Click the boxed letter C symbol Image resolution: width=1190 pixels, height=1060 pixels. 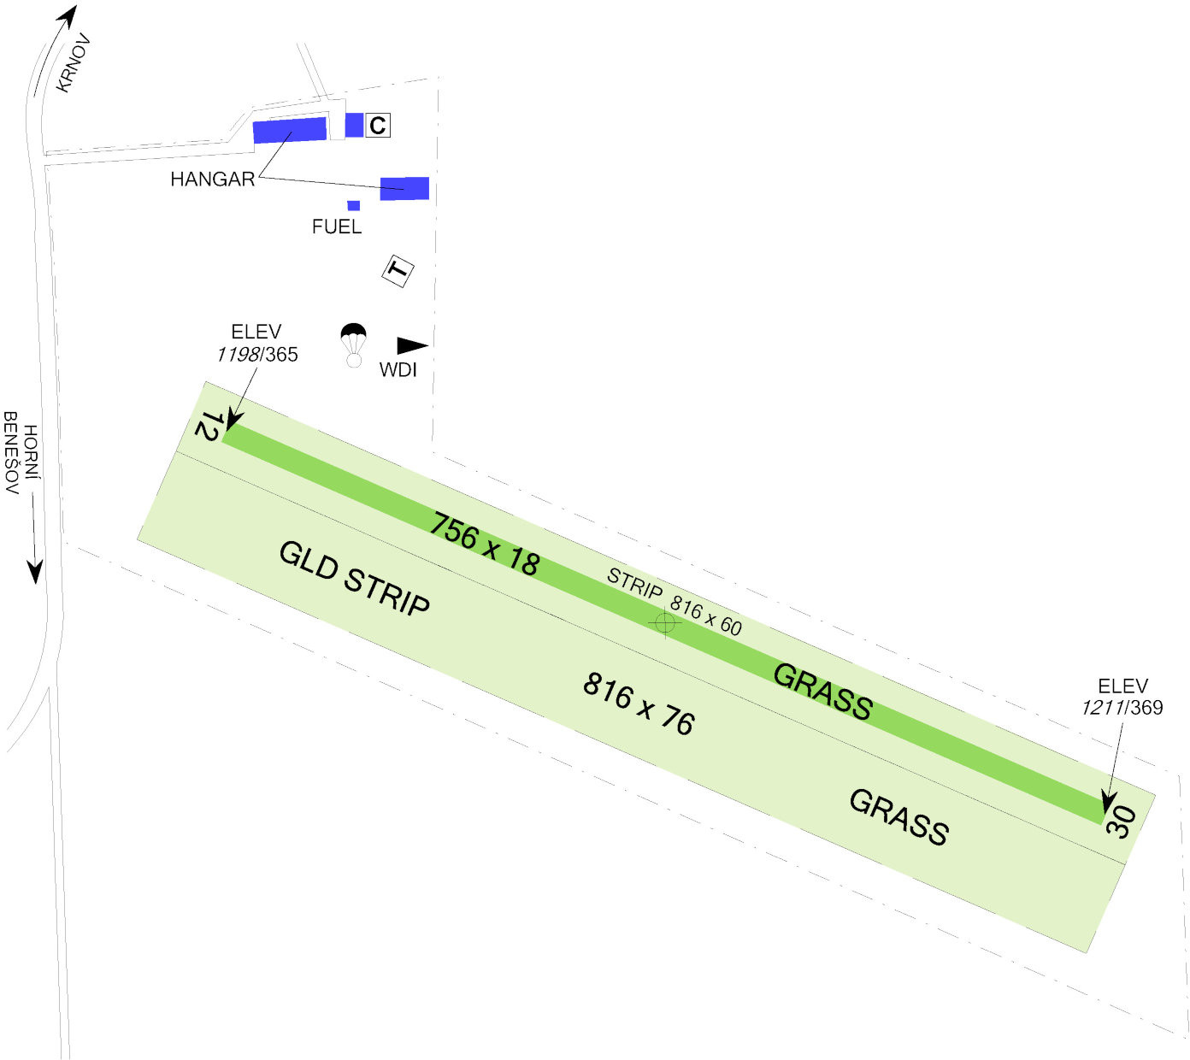(x=378, y=125)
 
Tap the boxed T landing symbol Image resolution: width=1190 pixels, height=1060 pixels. (x=398, y=271)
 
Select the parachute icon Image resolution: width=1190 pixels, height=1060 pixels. (x=354, y=345)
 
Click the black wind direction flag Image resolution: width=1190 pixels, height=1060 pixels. (x=412, y=345)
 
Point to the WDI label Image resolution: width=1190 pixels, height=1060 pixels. (x=398, y=370)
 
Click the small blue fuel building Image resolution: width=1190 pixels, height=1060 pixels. (x=354, y=205)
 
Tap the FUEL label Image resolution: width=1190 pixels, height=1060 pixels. (x=337, y=227)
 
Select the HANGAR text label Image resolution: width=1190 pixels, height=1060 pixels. (x=213, y=180)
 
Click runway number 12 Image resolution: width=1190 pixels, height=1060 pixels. (x=209, y=426)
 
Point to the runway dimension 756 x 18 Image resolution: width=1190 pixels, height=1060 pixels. (x=485, y=544)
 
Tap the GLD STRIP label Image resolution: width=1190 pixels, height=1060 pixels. (x=354, y=579)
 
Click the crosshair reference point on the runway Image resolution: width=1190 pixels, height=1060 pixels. (x=664, y=622)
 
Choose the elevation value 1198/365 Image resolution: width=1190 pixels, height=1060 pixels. (x=257, y=355)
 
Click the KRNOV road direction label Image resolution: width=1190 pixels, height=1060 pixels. (x=74, y=63)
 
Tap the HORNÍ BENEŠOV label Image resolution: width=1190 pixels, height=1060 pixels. (x=21, y=453)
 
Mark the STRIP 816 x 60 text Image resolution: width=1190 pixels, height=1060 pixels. (x=675, y=602)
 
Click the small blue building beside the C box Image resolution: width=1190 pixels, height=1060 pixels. (x=354, y=125)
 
